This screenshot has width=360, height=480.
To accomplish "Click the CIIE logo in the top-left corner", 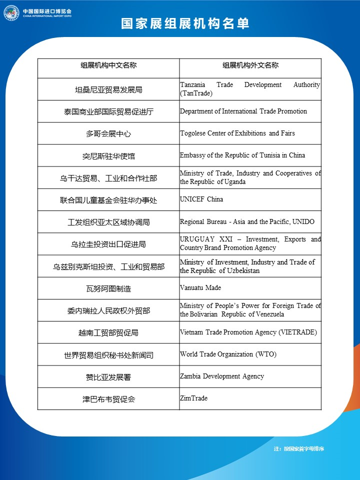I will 11,12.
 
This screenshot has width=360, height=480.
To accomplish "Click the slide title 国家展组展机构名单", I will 185,24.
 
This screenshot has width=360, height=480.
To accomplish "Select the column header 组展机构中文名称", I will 108,65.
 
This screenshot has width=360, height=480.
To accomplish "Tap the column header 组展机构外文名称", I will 250,65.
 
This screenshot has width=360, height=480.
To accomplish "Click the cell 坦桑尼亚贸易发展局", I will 108,90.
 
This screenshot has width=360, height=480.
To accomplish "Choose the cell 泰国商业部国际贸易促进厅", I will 108,112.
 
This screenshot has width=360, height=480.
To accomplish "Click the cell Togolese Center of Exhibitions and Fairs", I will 237,133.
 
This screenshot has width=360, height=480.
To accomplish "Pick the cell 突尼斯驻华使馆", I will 108,156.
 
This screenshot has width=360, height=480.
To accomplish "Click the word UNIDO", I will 303,221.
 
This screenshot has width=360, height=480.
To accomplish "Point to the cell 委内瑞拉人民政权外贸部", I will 108,311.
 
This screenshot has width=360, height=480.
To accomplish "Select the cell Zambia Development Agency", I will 222,376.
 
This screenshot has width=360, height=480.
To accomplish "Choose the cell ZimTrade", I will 194,398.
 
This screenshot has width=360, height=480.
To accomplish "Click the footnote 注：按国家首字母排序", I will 299,449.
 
